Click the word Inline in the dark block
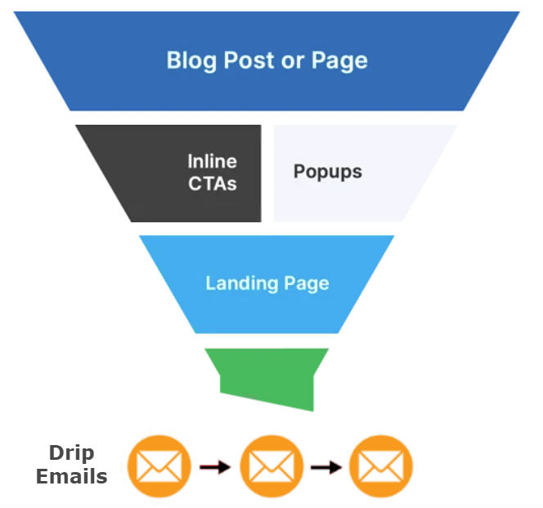click(x=212, y=162)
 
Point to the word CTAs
click(x=212, y=182)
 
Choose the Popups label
click(x=327, y=172)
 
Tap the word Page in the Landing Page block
click(x=306, y=284)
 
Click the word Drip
click(x=71, y=453)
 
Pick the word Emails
click(x=71, y=476)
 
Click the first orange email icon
click(x=159, y=467)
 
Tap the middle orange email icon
click(x=271, y=467)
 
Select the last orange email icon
click(x=381, y=467)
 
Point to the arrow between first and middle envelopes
click(x=215, y=468)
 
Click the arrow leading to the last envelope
click(x=326, y=468)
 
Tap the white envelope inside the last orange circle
click(x=381, y=467)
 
